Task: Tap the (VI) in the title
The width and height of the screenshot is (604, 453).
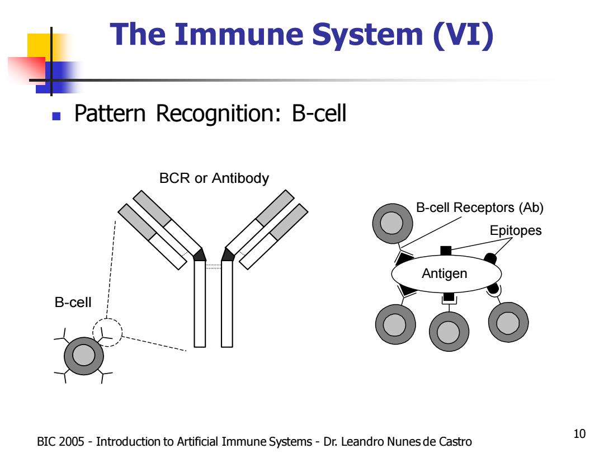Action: [463, 35]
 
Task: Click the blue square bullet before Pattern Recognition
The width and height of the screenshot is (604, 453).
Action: [56, 116]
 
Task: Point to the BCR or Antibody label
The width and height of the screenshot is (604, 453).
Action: [214, 178]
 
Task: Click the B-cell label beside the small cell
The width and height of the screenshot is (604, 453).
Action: [73, 303]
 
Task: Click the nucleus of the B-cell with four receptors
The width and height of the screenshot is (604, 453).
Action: [83, 355]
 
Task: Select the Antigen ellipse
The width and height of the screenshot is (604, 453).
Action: [446, 274]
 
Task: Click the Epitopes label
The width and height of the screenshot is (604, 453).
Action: [516, 230]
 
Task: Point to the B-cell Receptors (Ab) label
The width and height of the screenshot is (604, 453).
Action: [480, 207]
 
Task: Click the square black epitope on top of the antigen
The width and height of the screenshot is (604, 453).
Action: [446, 251]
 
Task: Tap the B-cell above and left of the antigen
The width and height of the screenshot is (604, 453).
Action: [392, 223]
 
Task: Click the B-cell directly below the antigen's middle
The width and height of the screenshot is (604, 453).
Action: [449, 331]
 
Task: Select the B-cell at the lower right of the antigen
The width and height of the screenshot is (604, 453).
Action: [508, 322]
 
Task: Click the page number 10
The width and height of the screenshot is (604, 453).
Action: [579, 434]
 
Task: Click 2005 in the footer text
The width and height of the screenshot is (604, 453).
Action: [72, 441]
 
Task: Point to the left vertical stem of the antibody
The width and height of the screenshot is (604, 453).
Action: [200, 304]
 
